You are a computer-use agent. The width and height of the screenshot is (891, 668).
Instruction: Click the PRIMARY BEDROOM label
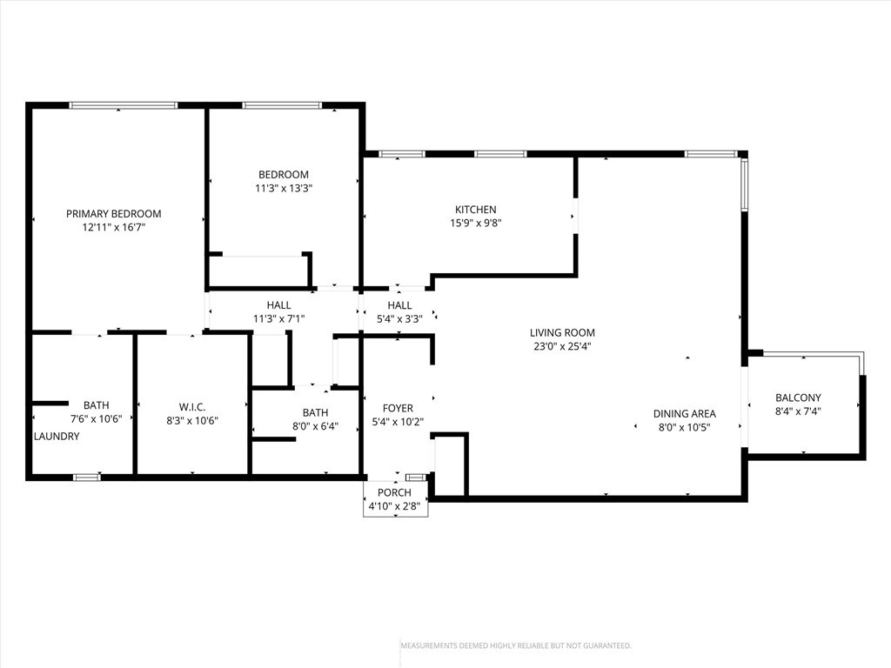pyautogui.click(x=114, y=214)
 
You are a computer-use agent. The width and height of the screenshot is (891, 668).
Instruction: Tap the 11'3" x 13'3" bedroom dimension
pyautogui.click(x=284, y=188)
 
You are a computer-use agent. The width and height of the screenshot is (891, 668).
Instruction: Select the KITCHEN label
pyautogui.click(x=476, y=210)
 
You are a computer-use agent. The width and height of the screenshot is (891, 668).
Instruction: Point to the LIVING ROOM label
pyautogui.click(x=563, y=333)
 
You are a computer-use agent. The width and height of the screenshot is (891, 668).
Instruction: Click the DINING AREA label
pyautogui.click(x=685, y=414)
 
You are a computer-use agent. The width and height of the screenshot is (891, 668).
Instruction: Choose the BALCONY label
pyautogui.click(x=799, y=397)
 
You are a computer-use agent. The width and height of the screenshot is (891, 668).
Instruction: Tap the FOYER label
pyautogui.click(x=398, y=409)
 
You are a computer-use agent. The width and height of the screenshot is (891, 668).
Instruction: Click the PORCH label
pyautogui.click(x=394, y=492)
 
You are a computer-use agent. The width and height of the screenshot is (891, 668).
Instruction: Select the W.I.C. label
pyautogui.click(x=192, y=407)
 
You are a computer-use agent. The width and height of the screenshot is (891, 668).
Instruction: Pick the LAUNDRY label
pyautogui.click(x=57, y=437)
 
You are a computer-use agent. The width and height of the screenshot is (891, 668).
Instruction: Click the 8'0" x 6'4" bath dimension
pyautogui.click(x=315, y=426)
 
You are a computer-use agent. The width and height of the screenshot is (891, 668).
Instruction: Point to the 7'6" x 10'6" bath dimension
pyautogui.click(x=96, y=419)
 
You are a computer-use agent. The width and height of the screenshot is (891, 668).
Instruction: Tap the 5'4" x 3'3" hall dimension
pyautogui.click(x=400, y=319)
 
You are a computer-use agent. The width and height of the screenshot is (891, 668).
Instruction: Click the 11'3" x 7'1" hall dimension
pyautogui.click(x=279, y=319)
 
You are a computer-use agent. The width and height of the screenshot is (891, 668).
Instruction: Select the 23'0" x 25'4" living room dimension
pyautogui.click(x=563, y=346)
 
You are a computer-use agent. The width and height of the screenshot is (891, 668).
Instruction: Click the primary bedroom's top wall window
pyautogui.click(x=124, y=105)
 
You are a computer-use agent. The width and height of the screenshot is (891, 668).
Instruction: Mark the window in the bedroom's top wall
pyautogui.click(x=282, y=105)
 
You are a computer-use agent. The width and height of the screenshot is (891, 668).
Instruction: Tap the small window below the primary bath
pyautogui.click(x=87, y=478)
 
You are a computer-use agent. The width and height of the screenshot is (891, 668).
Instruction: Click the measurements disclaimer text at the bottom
pyautogui.click(x=516, y=646)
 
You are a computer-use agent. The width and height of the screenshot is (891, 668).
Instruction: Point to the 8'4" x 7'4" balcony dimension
pyautogui.click(x=799, y=411)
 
